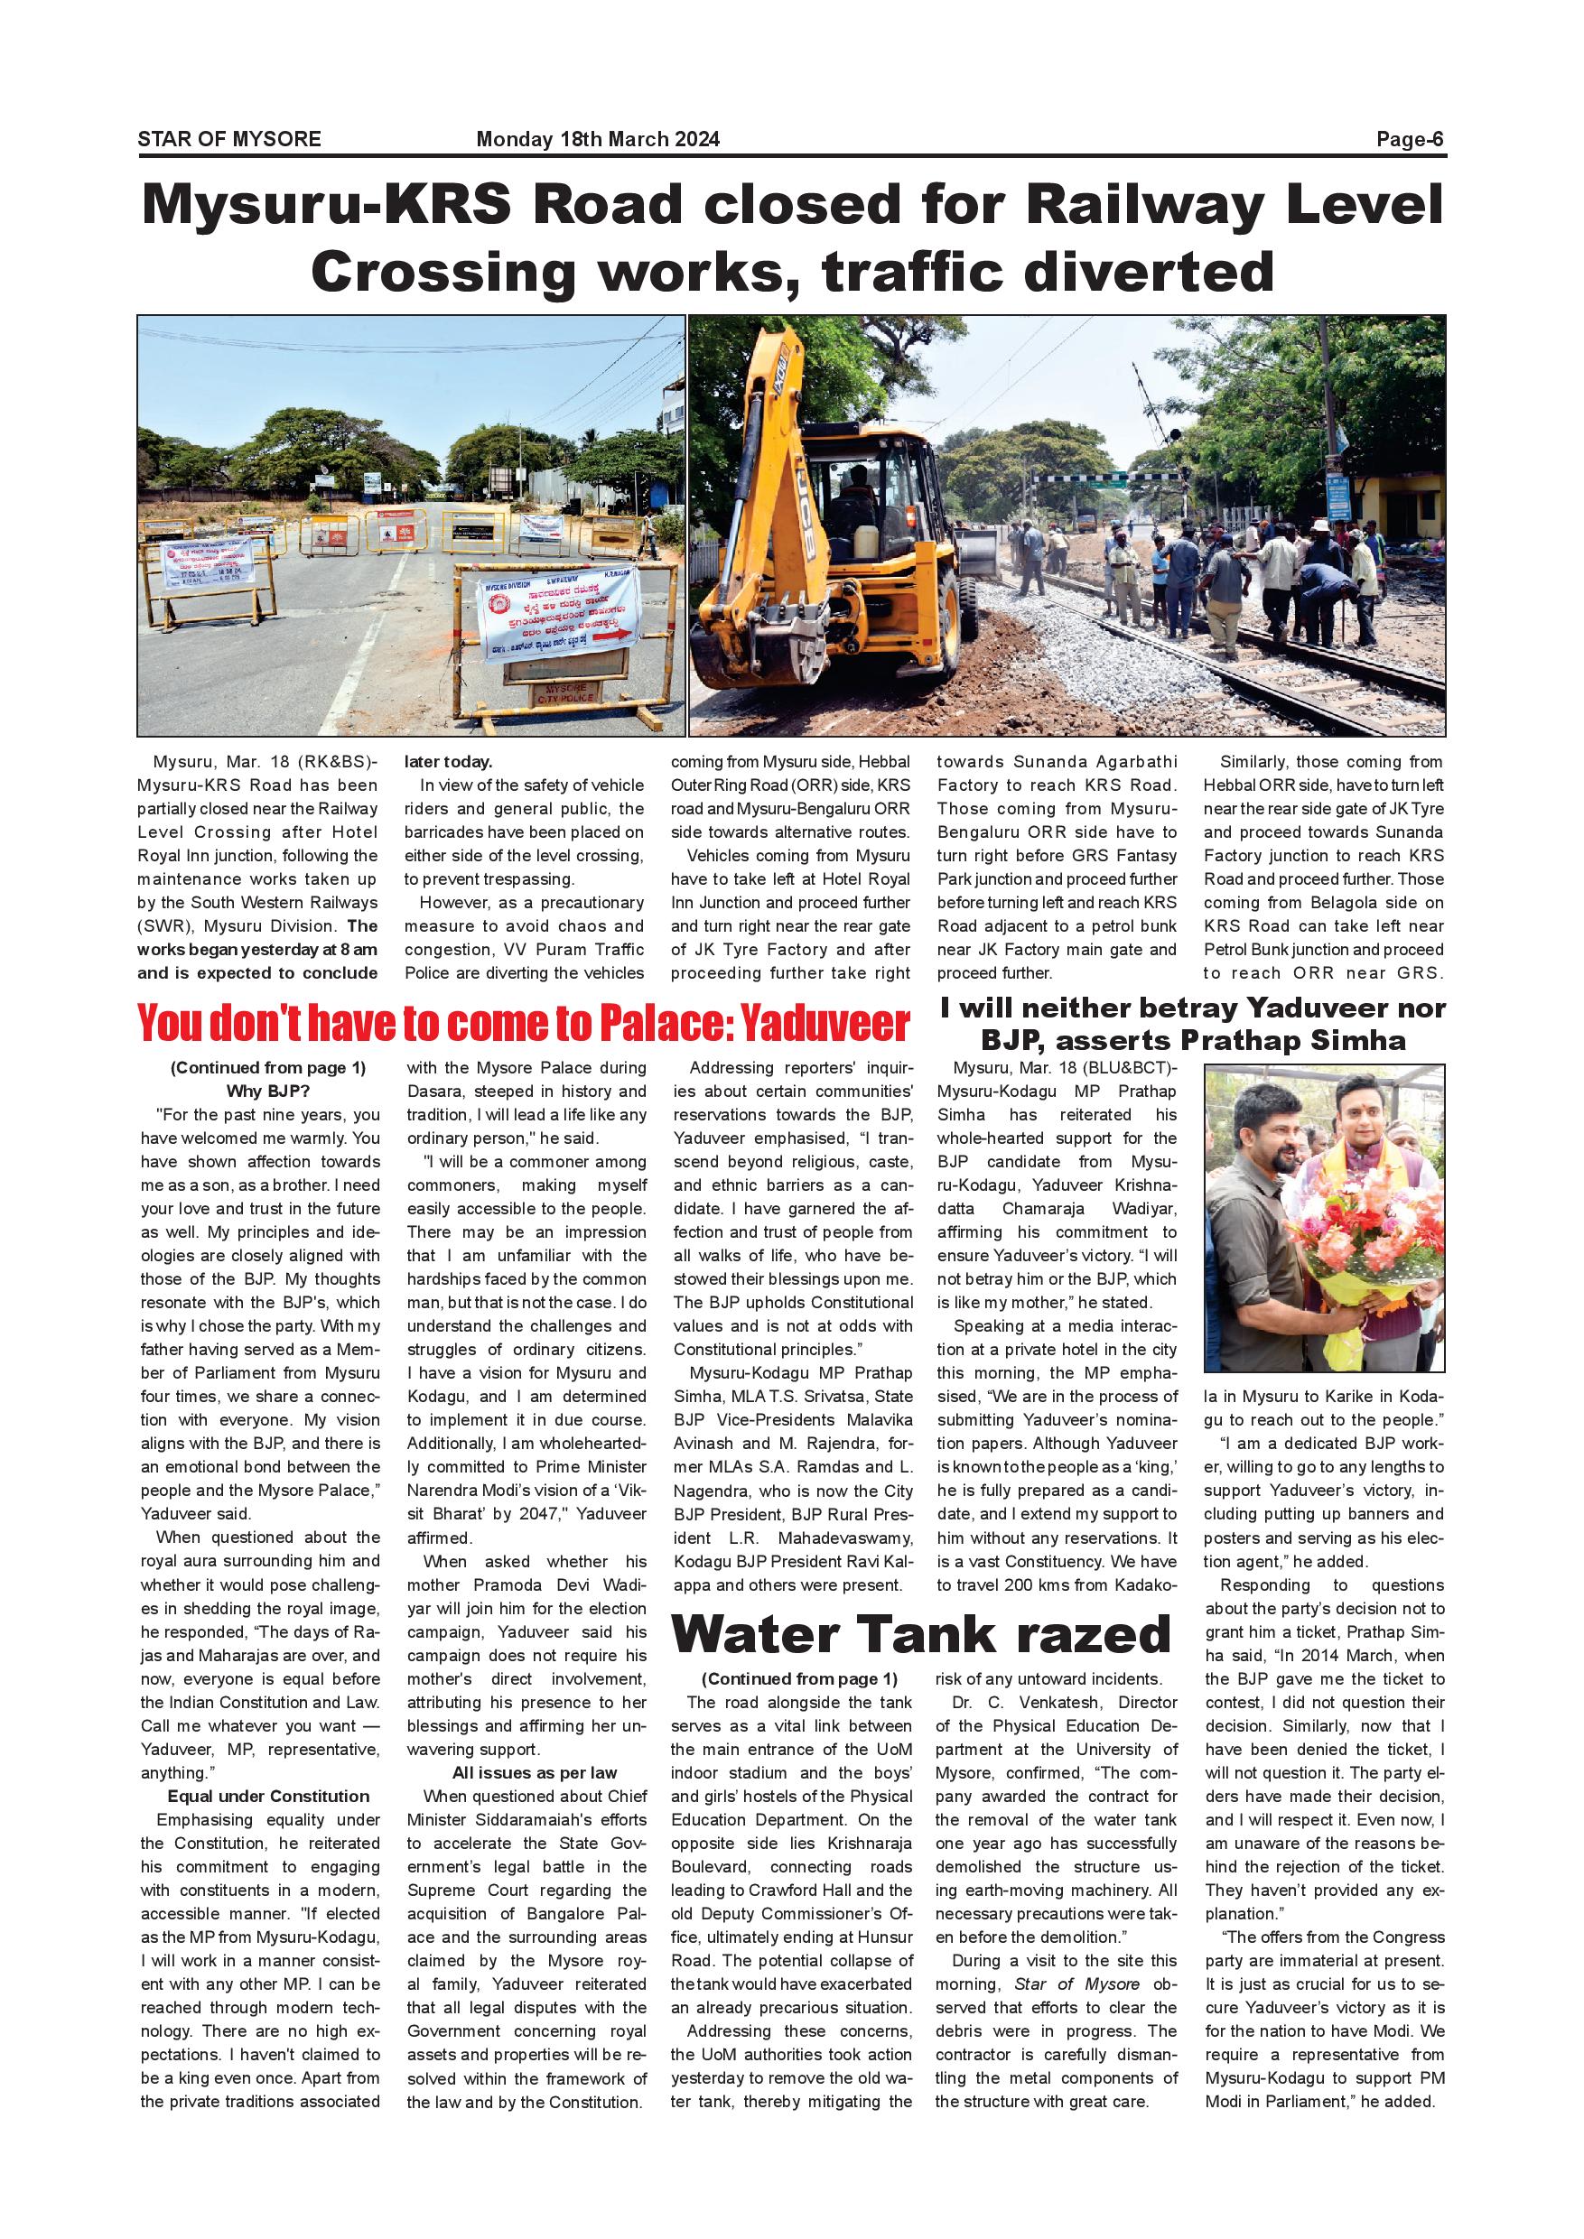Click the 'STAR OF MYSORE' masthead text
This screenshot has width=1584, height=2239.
pos(229,139)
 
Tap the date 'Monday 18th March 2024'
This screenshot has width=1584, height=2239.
pos(597,139)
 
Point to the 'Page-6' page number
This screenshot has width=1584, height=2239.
pos(1410,139)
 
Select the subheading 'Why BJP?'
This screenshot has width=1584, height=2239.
pos(268,1092)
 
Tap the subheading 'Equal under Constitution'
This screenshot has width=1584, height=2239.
pos(268,1797)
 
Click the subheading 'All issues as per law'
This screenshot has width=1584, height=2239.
pos(535,1773)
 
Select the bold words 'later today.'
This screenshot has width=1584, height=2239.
pos(448,762)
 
